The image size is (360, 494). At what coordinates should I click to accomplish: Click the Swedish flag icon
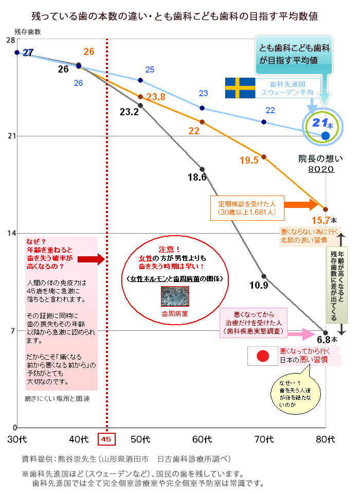click(240, 88)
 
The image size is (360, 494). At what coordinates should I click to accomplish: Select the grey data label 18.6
click(197, 178)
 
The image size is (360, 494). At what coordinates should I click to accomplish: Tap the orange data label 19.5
click(249, 160)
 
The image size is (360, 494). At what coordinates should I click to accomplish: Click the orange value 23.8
click(155, 97)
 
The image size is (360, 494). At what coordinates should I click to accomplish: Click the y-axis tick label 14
click(9, 233)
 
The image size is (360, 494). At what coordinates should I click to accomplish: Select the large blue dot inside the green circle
click(325, 135)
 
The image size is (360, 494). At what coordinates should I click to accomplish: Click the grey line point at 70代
click(264, 276)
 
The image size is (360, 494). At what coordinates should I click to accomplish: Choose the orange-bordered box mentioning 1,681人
click(245, 207)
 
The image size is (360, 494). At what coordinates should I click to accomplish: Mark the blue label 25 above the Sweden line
click(150, 69)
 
